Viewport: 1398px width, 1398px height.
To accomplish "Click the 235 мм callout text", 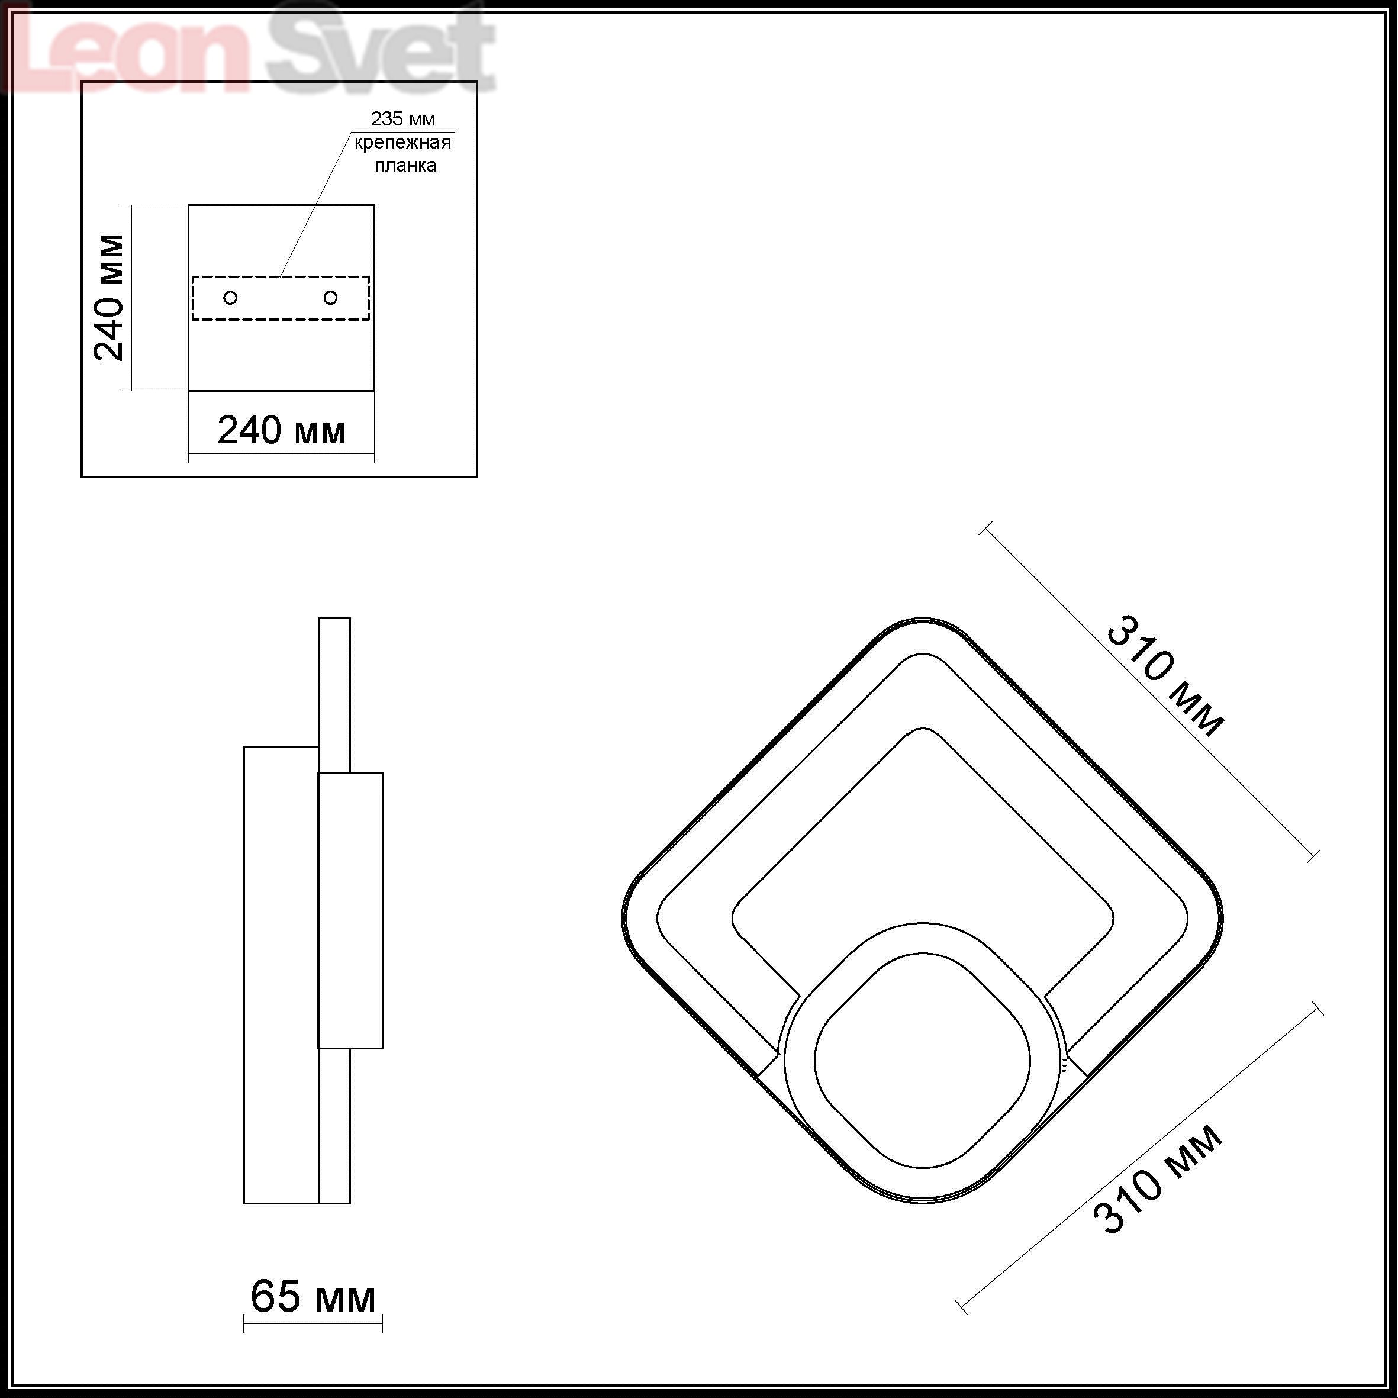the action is (403, 119).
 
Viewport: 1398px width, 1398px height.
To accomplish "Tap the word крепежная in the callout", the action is (403, 143).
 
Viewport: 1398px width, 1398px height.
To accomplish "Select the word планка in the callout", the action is (405, 166).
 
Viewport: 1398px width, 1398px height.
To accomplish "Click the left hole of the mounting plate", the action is (231, 297).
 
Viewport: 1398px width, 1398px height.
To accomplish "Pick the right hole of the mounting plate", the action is (331, 297).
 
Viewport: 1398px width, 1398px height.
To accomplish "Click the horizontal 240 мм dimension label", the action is (282, 430).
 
